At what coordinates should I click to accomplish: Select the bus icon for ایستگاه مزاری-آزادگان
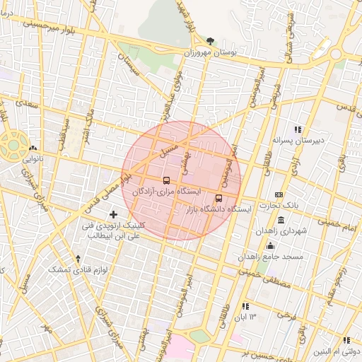click(166, 180)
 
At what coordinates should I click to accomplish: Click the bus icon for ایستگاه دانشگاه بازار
click(218, 198)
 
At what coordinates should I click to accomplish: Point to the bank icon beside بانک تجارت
click(279, 194)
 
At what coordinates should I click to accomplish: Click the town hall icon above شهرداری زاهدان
click(281, 220)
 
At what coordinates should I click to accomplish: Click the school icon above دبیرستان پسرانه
click(298, 129)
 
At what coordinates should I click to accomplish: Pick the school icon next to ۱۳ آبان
click(245, 306)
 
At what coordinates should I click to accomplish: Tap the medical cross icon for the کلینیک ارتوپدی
click(113, 214)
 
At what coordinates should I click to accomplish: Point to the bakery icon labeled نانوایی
click(33, 148)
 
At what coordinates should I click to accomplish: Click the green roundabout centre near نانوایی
click(13, 144)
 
